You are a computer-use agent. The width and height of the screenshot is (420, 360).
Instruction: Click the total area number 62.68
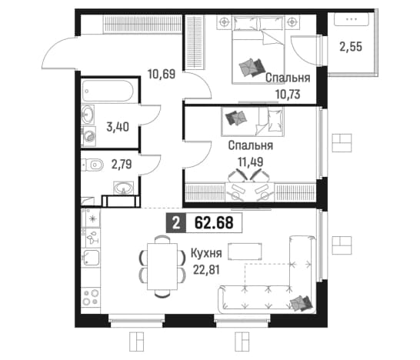pos(214,222)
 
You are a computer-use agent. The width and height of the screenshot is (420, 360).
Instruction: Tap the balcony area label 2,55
pos(351,47)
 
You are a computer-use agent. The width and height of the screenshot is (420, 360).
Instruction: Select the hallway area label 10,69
pos(162,74)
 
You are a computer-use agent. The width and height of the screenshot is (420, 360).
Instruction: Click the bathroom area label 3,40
pos(118,127)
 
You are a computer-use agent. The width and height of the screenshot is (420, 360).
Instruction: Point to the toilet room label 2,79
pos(122,164)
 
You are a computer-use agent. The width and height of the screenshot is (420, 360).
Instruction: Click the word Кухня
pos(206,253)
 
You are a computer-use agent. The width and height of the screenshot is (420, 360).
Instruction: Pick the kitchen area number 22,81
pos(206,270)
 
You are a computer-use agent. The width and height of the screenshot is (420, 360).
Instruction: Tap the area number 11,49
pos(251,162)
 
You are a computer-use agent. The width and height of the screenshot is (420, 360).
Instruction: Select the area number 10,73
pos(288,95)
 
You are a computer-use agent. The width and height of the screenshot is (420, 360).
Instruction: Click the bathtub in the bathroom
pos(108,91)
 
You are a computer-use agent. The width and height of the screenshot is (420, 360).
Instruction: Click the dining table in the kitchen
pos(162,266)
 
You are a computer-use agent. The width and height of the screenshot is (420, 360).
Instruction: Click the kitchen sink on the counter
pos(92,258)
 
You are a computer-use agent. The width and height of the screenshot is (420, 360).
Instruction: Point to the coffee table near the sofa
pos(245,252)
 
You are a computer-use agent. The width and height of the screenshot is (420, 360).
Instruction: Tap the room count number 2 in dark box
pos(175,222)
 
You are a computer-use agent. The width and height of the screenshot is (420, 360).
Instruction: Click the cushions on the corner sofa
pos(302,303)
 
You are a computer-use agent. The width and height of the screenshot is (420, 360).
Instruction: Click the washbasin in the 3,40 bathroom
pos(88,115)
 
